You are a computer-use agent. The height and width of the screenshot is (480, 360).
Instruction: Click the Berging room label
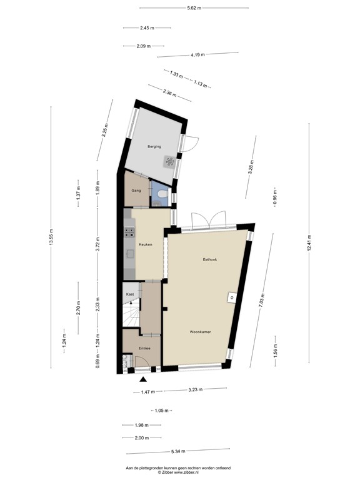point(154,147)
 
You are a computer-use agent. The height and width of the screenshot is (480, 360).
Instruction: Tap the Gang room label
point(136,190)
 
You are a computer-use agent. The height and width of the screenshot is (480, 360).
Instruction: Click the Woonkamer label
point(200,332)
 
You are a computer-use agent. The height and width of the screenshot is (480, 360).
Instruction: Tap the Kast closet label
point(130,294)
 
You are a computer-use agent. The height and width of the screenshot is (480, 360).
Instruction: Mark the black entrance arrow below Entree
point(143,379)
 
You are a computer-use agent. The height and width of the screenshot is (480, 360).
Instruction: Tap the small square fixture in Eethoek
point(231,297)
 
